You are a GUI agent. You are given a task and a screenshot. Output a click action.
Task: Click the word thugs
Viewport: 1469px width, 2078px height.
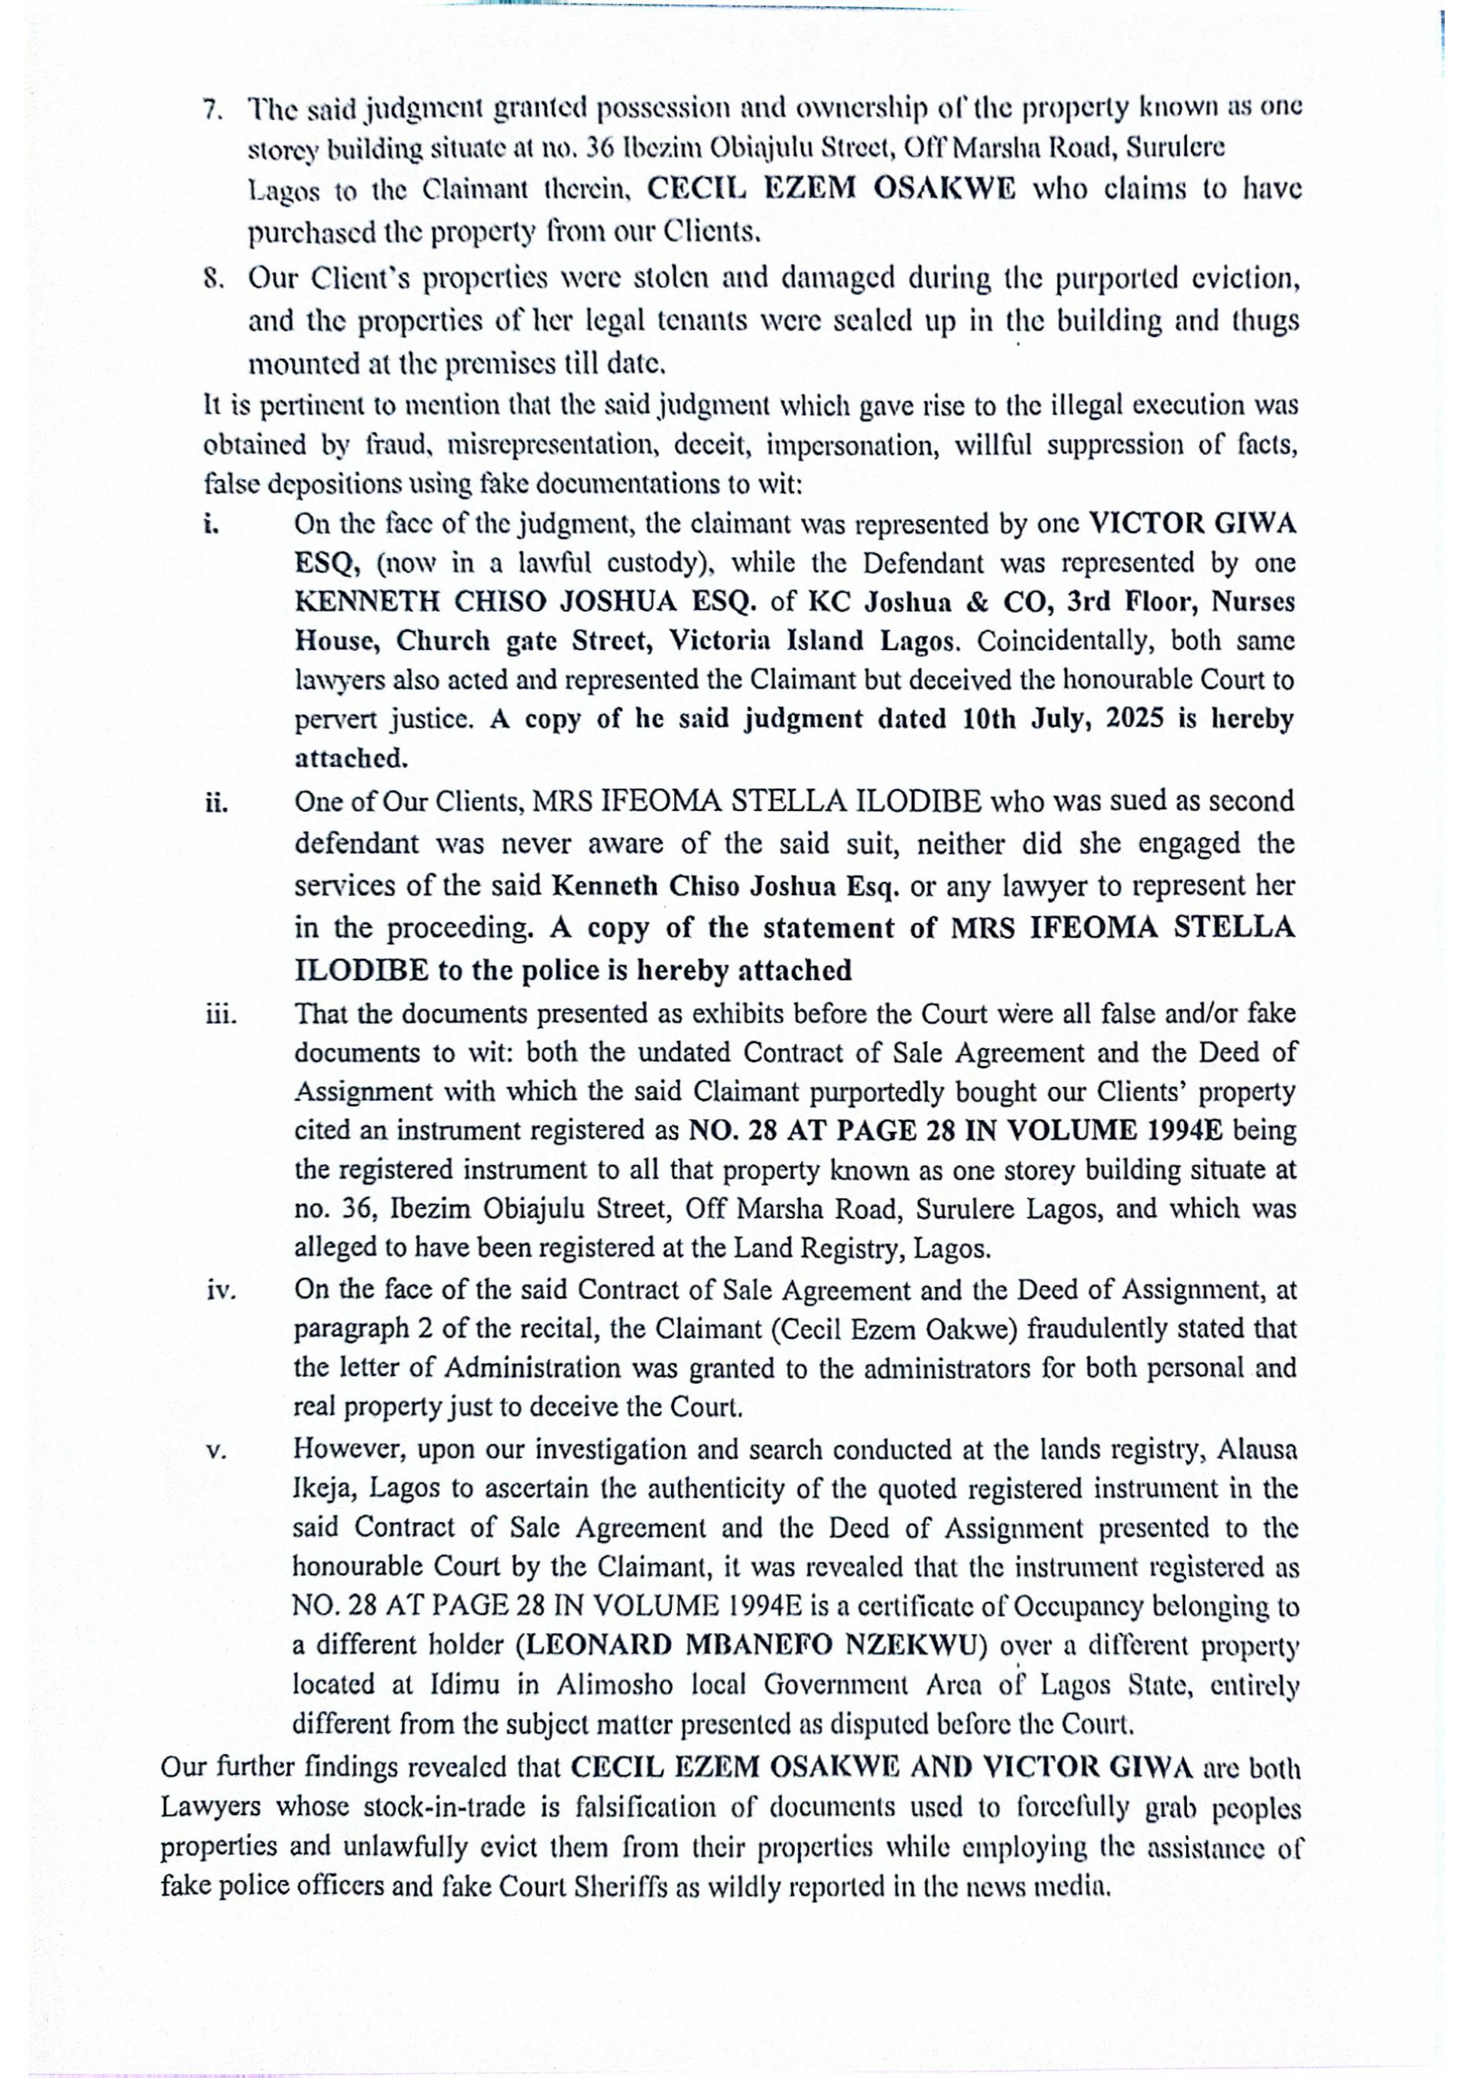pyautogui.click(x=1262, y=322)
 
